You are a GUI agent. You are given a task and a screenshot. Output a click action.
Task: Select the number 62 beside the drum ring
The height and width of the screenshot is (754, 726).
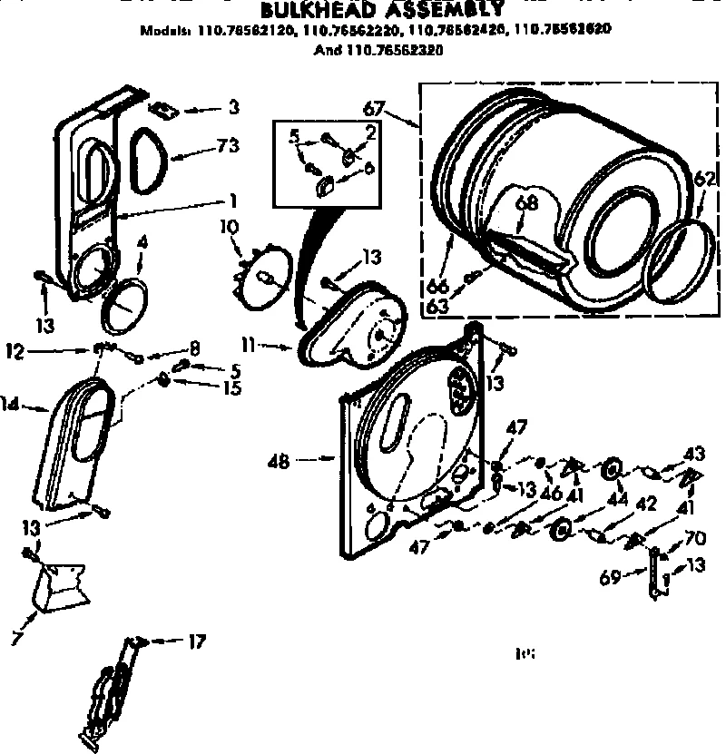(x=704, y=178)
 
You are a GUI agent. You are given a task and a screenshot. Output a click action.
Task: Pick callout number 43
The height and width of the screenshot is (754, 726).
(x=694, y=452)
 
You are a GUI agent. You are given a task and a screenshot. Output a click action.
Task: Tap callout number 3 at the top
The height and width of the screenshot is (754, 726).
(x=233, y=108)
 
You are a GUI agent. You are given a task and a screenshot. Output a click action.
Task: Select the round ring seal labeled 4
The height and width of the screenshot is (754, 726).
(x=123, y=308)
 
